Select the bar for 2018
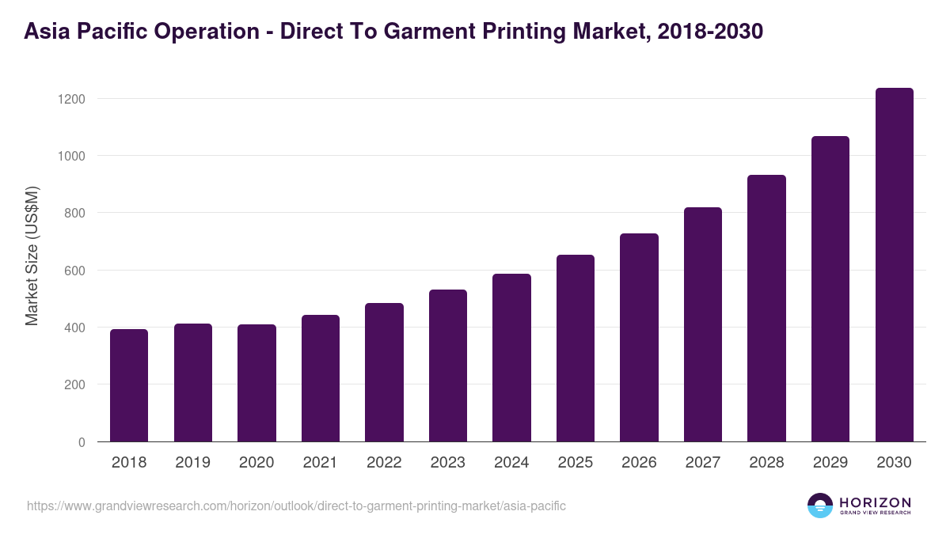[x=129, y=385]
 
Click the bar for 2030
[x=895, y=265]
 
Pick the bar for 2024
[x=511, y=358]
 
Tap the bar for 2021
[x=321, y=378]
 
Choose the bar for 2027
[x=703, y=324]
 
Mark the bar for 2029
[x=830, y=289]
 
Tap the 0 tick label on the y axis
[x=81, y=442]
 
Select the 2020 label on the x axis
[x=256, y=463]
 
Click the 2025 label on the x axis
[x=576, y=463]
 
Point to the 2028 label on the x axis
[x=766, y=463]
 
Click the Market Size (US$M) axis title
[x=32, y=256]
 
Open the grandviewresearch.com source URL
[x=296, y=506]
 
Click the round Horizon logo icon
[x=820, y=506]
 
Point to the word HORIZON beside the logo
[x=875, y=502]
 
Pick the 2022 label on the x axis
[x=384, y=463]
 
